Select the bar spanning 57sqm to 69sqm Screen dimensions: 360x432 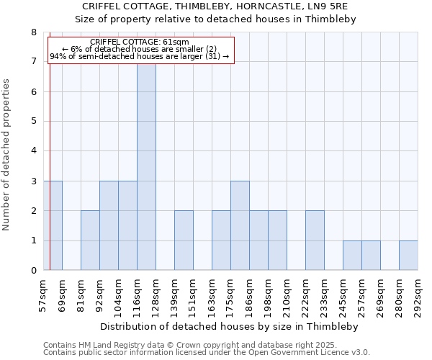coord(53,225)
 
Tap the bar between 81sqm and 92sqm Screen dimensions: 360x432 coord(90,240)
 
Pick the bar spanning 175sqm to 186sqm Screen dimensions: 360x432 coord(240,225)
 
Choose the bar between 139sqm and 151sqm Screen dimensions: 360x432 coord(184,240)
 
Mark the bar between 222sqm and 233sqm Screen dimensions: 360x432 coord(315,240)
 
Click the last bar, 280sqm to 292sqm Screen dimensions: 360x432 coord(408,256)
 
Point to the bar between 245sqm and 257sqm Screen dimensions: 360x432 coord(352,256)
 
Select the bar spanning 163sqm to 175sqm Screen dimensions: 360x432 coord(221,240)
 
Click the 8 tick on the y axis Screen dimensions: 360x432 coord(34,32)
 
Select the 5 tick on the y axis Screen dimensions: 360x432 coord(34,122)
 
